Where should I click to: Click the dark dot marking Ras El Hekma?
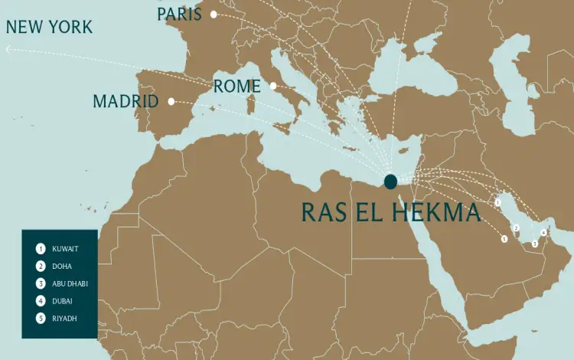coord(390,182)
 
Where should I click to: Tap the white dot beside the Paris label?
coord(214,15)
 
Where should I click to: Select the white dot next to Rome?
coord(272,86)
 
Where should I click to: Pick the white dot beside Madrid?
coord(171,101)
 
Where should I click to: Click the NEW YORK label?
coord(49,28)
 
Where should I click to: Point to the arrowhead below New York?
coord(8,49)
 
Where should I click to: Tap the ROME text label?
coord(237,87)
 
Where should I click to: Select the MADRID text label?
coord(126,101)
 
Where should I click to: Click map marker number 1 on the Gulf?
coord(497,203)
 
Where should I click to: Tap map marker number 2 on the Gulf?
coord(516,228)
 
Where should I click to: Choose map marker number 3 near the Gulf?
coord(535,244)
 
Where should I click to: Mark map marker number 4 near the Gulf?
coord(543,232)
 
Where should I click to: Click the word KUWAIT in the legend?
coord(66,249)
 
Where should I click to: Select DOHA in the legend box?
coord(63,267)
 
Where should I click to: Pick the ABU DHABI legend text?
coord(70,283)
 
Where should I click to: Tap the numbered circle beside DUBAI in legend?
coord(40,301)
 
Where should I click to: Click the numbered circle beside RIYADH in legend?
coord(40,318)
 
